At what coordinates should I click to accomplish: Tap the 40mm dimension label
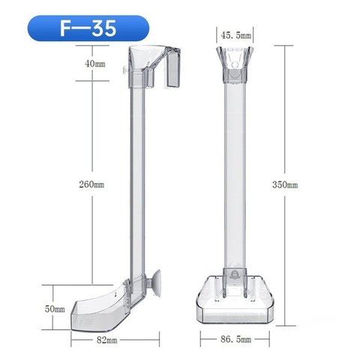coord(94,64)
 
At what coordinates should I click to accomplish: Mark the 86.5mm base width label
coord(236,340)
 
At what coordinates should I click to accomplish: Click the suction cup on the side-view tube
coord(159,280)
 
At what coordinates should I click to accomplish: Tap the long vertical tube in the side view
coord(135,180)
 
